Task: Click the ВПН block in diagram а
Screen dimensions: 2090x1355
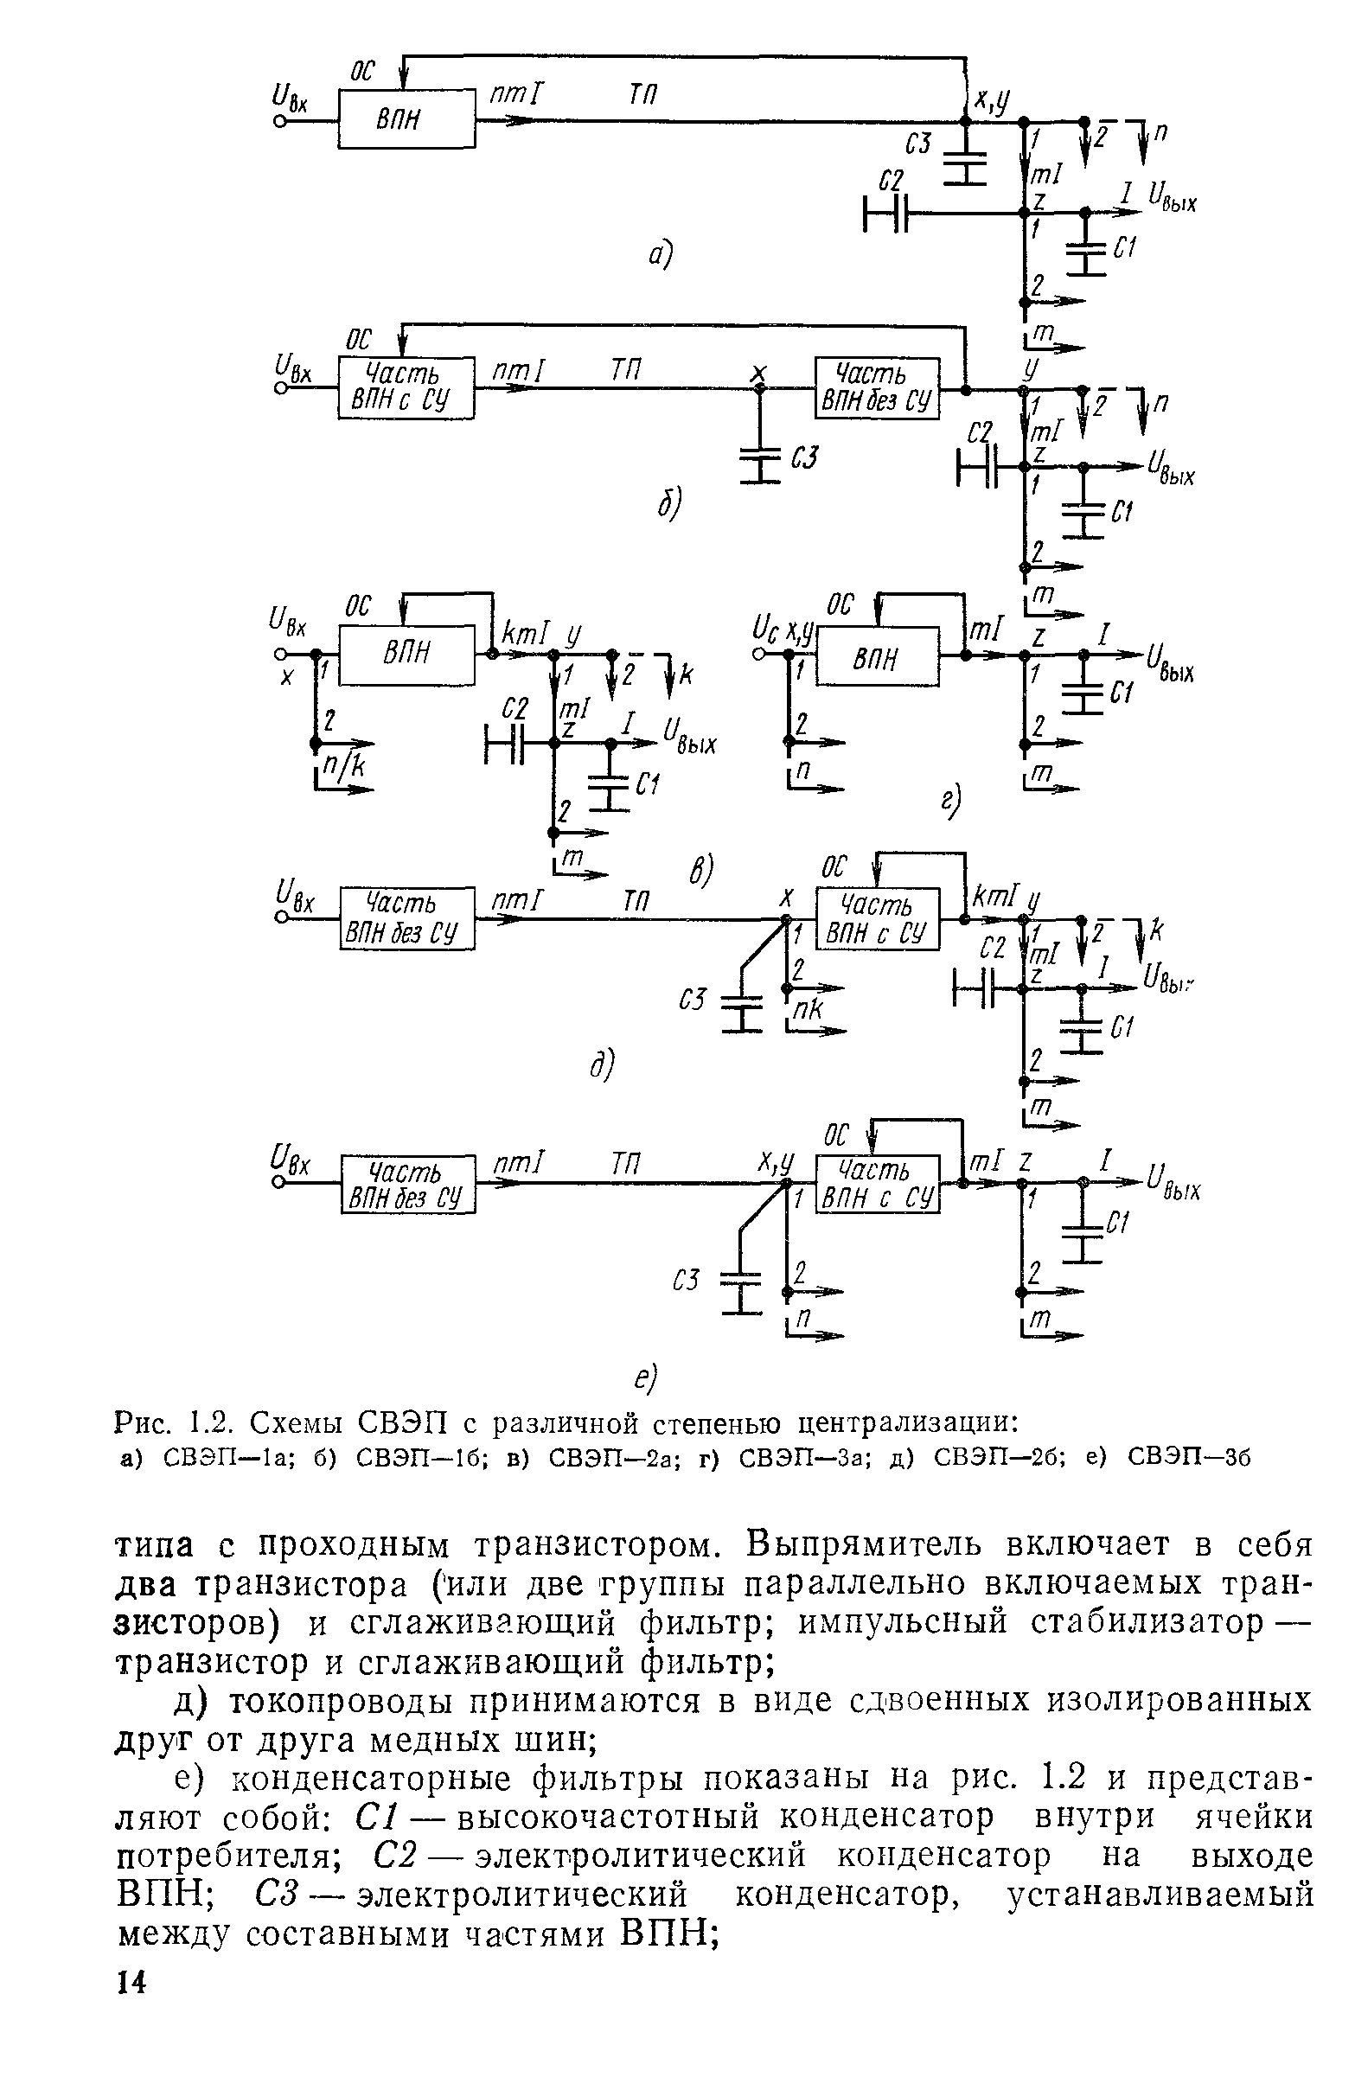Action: (x=406, y=118)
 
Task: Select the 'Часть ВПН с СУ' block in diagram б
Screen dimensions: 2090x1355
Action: (x=406, y=387)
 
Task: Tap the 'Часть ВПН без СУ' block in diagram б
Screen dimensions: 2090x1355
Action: (x=876, y=387)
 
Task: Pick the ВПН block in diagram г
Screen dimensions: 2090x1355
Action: (x=877, y=657)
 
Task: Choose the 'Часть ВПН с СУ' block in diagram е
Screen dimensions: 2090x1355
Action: (x=877, y=1184)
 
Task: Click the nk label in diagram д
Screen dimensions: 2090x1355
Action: (x=807, y=1011)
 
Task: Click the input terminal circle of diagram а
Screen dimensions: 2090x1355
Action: (x=280, y=121)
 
